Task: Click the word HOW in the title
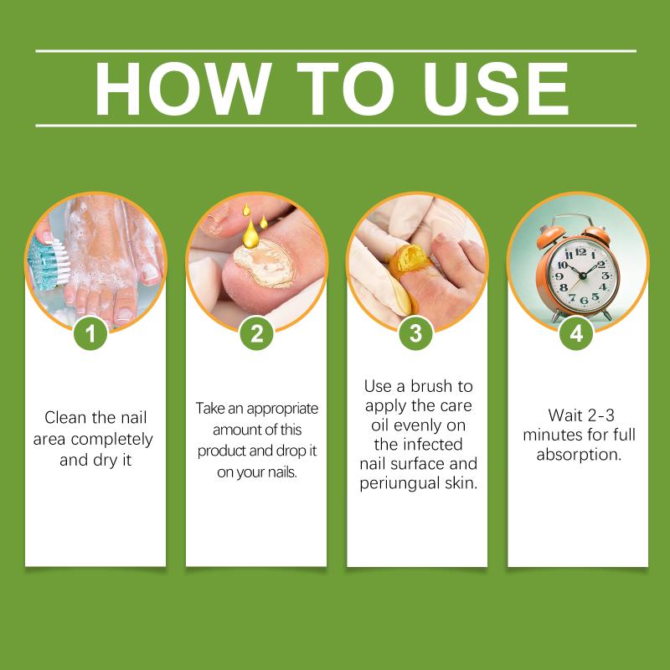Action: click(183, 89)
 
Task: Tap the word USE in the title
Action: click(495, 89)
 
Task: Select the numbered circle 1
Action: click(90, 333)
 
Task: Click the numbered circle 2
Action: click(256, 333)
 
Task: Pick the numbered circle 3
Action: click(415, 333)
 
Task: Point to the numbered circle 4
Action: click(576, 333)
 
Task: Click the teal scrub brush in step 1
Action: click(48, 264)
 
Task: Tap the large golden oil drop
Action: click(250, 236)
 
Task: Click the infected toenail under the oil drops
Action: click(264, 263)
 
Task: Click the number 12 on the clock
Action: click(580, 252)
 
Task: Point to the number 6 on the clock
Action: click(584, 301)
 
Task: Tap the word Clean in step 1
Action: click(64, 417)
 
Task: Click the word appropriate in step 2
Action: click(282, 410)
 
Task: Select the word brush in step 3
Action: click(431, 386)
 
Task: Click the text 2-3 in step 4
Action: click(600, 415)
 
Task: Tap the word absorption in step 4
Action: click(579, 455)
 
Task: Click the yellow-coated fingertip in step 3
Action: click(408, 261)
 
